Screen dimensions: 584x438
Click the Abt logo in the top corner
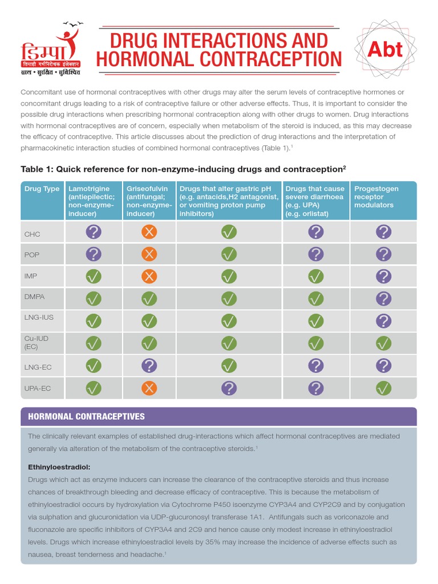click(x=386, y=50)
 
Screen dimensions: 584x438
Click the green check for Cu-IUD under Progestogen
click(x=383, y=343)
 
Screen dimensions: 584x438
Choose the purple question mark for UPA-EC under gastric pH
click(x=229, y=388)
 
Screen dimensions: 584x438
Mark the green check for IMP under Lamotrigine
click(x=94, y=277)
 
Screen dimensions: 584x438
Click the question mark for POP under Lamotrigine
click(x=94, y=254)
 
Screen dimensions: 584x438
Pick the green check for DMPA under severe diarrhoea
click(x=315, y=299)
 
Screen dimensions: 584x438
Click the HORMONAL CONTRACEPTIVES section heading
click(x=86, y=416)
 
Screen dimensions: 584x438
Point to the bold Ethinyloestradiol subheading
click(x=56, y=467)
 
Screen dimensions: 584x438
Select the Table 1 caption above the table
click(x=183, y=169)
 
